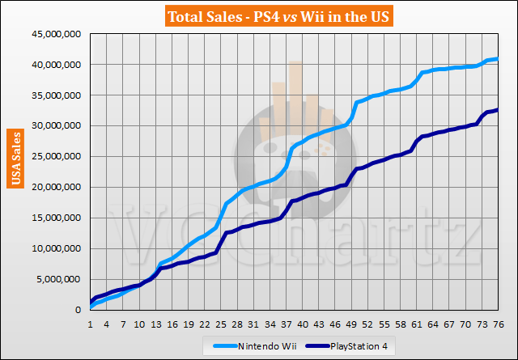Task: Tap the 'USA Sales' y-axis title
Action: (17, 159)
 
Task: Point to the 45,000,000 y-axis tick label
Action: (60, 34)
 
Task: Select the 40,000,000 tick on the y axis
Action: (60, 65)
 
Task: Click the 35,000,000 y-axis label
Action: (60, 95)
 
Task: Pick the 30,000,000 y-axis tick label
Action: (60, 126)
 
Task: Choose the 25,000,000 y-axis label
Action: (60, 157)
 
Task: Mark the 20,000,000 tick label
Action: (60, 188)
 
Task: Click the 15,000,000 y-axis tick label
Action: (60, 218)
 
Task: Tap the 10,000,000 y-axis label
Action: (60, 249)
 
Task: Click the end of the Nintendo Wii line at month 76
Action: (497, 58)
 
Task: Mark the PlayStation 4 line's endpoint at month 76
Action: (497, 110)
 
